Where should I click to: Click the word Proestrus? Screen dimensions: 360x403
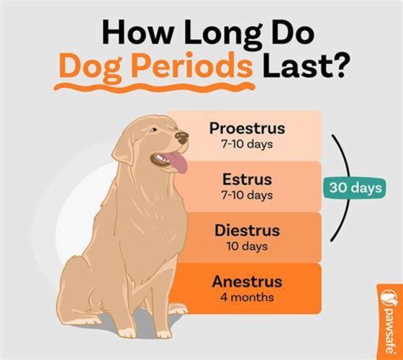pyautogui.click(x=247, y=128)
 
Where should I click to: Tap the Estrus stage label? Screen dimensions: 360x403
pyautogui.click(x=247, y=180)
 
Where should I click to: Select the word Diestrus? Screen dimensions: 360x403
pyautogui.click(x=247, y=230)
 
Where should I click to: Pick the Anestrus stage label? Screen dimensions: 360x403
pyautogui.click(x=247, y=281)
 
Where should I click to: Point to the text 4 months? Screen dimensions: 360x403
pyautogui.click(x=247, y=297)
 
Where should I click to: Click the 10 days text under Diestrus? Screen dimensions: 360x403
pyautogui.click(x=247, y=246)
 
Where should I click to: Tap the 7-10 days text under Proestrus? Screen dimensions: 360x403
pyautogui.click(x=247, y=144)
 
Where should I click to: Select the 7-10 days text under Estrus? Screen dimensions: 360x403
pyautogui.click(x=247, y=195)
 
